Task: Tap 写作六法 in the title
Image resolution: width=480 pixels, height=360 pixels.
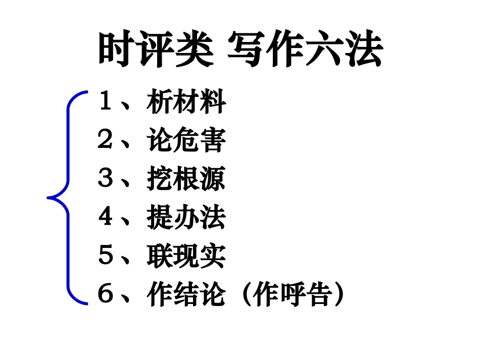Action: click(305, 50)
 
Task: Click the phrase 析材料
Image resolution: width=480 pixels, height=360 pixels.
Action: click(186, 102)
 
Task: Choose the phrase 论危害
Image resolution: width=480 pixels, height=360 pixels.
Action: click(186, 141)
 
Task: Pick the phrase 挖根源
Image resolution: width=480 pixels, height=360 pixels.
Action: click(186, 179)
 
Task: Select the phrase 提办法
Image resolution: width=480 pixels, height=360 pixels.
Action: click(186, 218)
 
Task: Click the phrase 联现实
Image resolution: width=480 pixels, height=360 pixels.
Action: click(186, 256)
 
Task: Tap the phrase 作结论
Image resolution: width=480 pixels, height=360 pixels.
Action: click(186, 294)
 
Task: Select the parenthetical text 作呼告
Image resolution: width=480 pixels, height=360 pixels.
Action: click(293, 294)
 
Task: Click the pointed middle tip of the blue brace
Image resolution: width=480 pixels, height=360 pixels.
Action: click(49, 197)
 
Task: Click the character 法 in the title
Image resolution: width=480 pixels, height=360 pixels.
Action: click(364, 50)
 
